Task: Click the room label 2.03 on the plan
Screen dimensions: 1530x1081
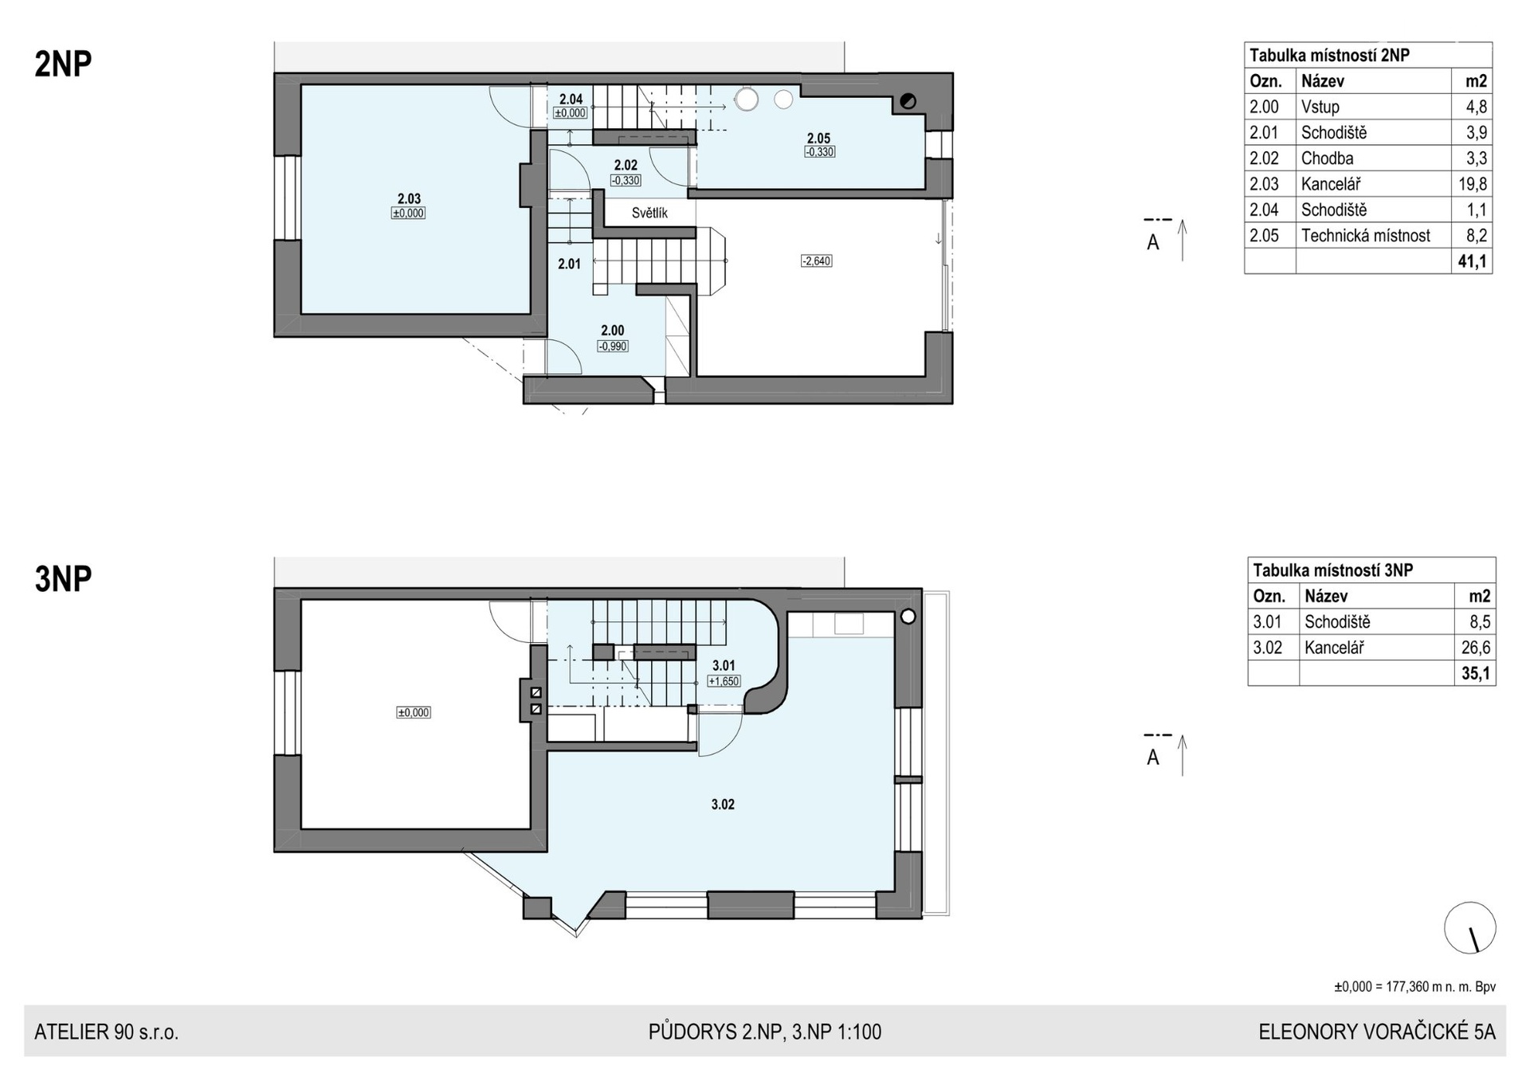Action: [409, 199]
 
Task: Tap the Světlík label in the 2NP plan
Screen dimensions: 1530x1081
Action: [649, 213]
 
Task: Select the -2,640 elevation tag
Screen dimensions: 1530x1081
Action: [817, 260]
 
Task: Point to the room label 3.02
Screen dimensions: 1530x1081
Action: [723, 805]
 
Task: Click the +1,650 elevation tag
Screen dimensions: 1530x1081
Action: [724, 681]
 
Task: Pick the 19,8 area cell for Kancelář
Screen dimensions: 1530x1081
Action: [1473, 184]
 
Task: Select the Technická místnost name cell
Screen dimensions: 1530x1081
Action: [1366, 235]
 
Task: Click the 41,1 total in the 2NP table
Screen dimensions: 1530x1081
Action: [1473, 261]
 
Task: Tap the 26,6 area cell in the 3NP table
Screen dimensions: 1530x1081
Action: [1476, 648]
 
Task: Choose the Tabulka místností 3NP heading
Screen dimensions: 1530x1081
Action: [1333, 570]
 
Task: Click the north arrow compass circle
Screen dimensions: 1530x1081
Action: [1470, 928]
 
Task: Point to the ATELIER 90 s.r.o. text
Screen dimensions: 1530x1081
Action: [106, 1032]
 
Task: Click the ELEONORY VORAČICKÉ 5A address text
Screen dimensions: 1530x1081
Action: [1377, 1032]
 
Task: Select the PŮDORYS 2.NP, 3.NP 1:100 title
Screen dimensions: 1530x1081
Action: [765, 1032]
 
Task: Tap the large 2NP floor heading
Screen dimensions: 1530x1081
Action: [63, 64]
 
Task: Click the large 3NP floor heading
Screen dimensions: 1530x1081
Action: [63, 579]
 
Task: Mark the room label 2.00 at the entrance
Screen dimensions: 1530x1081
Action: [613, 331]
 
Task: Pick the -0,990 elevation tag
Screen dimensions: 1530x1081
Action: [613, 346]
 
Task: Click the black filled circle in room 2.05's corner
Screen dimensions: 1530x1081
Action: [908, 101]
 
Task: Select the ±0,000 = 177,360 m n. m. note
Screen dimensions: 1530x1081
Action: [1415, 987]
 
